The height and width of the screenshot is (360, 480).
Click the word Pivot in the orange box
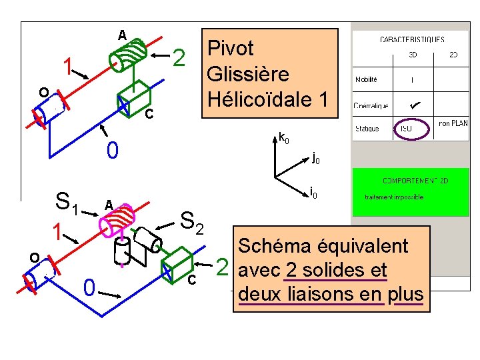(x=231, y=49)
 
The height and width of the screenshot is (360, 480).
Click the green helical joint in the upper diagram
(x=129, y=54)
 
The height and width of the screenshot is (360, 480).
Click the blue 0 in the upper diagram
(x=113, y=151)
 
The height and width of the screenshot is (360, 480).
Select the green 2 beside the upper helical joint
(x=178, y=60)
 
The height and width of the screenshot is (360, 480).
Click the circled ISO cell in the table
(x=405, y=127)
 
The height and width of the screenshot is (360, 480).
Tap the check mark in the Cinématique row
(x=414, y=105)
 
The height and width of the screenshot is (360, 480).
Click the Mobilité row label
(x=366, y=79)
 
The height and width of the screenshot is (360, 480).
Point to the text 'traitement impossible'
(x=394, y=197)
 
